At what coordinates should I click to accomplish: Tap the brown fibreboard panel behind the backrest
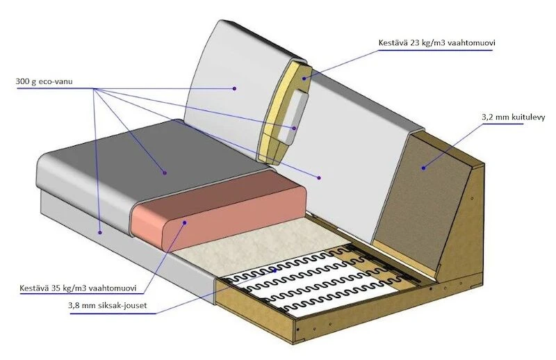(420, 195)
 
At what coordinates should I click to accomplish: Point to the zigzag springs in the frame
(313, 278)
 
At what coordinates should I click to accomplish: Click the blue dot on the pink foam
(186, 222)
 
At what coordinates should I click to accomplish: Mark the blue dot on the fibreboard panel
(423, 167)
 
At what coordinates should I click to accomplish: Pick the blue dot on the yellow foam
(304, 79)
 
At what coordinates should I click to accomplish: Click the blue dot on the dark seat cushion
(164, 172)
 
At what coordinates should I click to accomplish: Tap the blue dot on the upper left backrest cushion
(235, 88)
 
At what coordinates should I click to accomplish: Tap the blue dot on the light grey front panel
(100, 232)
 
